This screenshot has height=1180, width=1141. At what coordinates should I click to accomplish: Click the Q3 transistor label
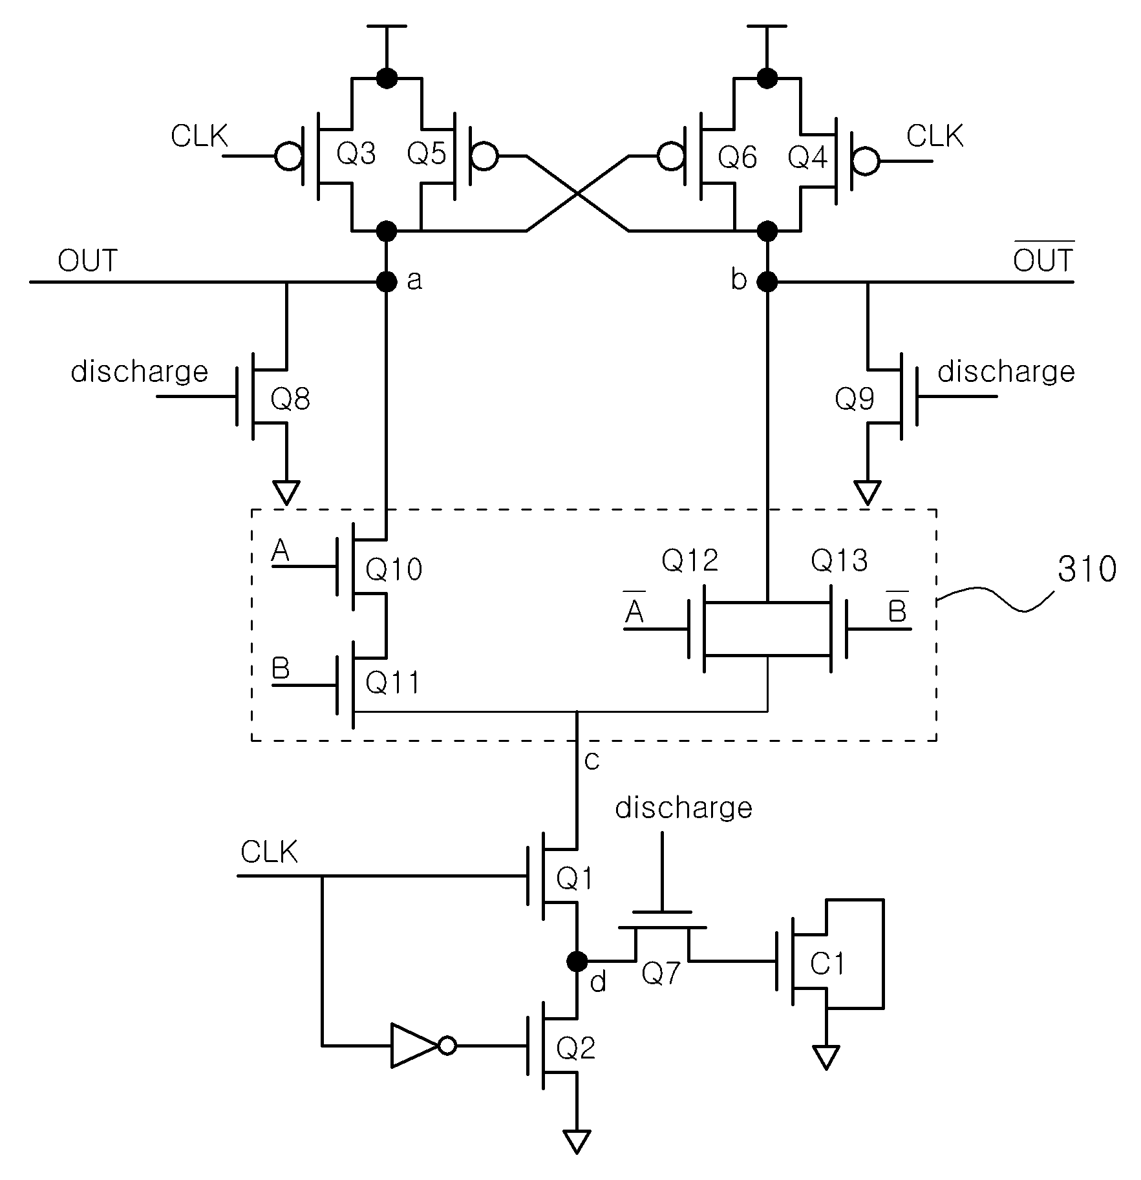tap(356, 154)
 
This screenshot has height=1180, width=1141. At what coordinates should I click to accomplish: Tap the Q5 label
tap(427, 154)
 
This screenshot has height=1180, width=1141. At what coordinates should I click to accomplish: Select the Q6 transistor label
tap(738, 157)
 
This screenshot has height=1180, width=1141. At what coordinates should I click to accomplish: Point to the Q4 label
tap(808, 157)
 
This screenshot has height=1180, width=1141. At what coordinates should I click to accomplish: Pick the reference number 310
tap(1087, 569)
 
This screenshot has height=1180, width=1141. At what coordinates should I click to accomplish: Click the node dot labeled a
tap(387, 282)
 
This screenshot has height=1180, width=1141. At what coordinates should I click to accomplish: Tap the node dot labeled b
tap(767, 282)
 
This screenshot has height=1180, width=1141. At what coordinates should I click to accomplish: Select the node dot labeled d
tap(576, 961)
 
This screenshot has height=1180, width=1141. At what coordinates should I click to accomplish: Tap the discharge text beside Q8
tap(140, 372)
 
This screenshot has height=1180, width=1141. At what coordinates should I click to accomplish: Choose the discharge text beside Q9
tap(1006, 372)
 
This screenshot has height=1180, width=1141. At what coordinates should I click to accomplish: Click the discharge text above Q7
tap(684, 808)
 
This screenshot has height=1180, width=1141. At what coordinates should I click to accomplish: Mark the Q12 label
tap(690, 560)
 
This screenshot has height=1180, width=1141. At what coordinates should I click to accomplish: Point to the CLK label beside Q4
tap(935, 137)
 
